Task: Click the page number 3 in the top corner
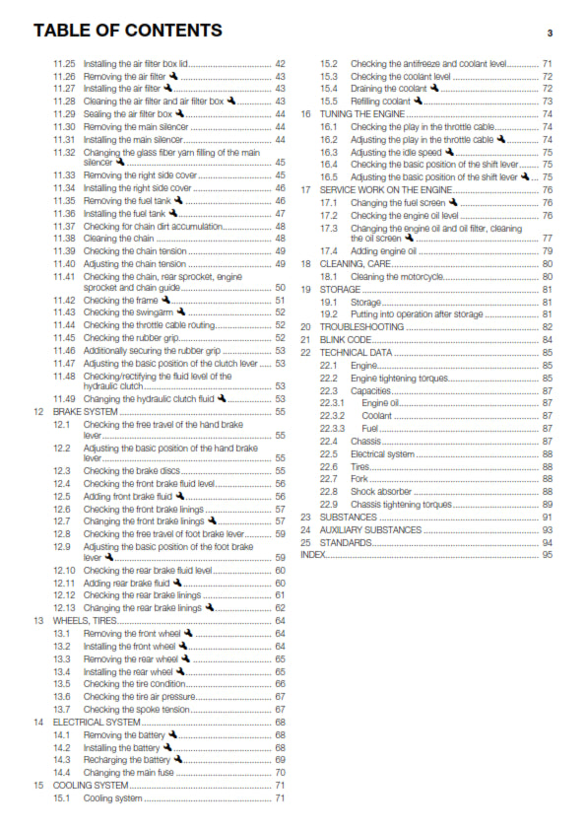(550, 33)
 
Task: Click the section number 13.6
(62, 696)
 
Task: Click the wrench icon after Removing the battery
(173, 734)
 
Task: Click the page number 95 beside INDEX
(547, 555)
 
